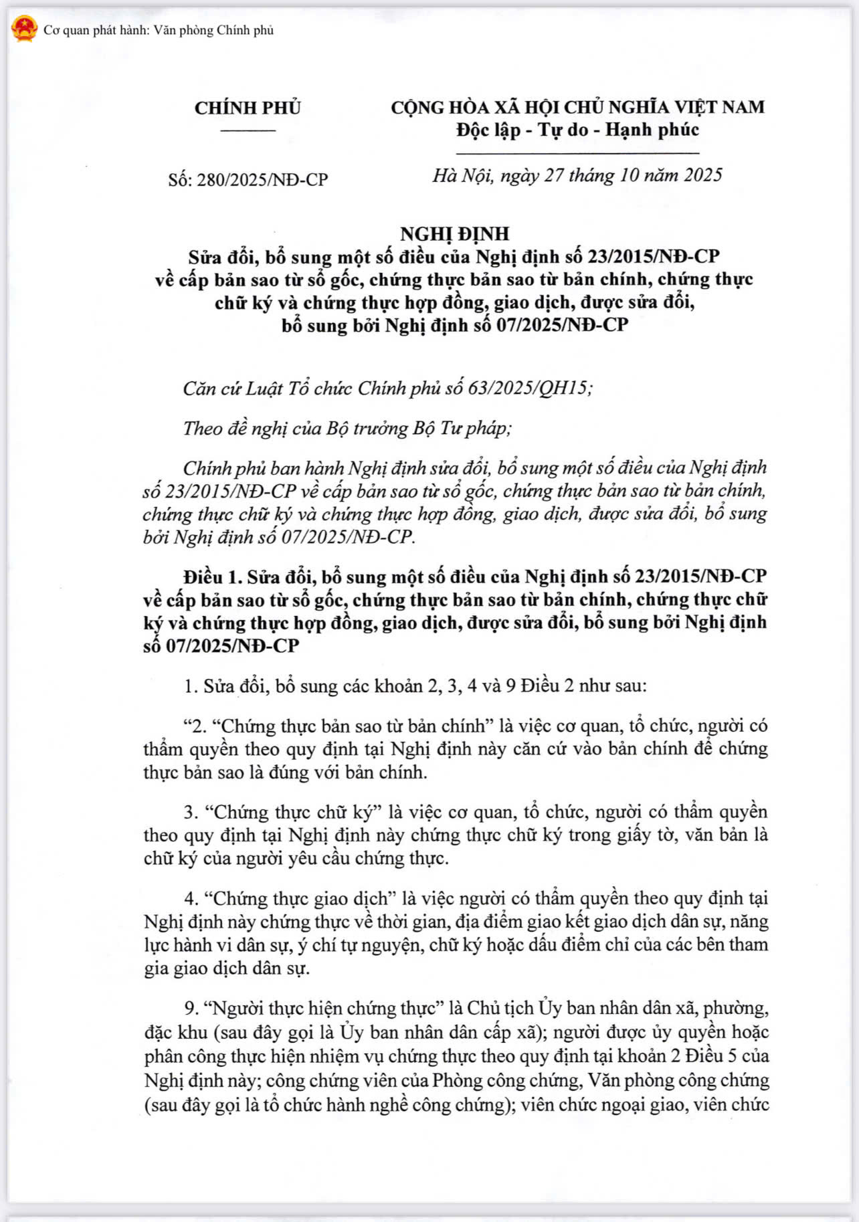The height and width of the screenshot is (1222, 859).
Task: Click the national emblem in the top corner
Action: coord(24,29)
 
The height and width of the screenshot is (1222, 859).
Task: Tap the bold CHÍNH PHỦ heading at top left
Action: coord(248,108)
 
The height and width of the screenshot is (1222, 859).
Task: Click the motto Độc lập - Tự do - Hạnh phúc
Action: coord(577,130)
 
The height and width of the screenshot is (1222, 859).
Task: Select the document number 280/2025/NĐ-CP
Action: coord(262,180)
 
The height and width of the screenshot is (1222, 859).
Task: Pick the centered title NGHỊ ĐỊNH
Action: coord(454,233)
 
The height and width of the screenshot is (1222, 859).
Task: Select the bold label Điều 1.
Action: coord(211,577)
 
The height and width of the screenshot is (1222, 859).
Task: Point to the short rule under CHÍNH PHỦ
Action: coord(248,130)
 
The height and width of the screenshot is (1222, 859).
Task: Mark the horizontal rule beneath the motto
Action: coord(577,153)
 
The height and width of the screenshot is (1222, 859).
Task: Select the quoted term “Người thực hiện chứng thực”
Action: coord(325,1008)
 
